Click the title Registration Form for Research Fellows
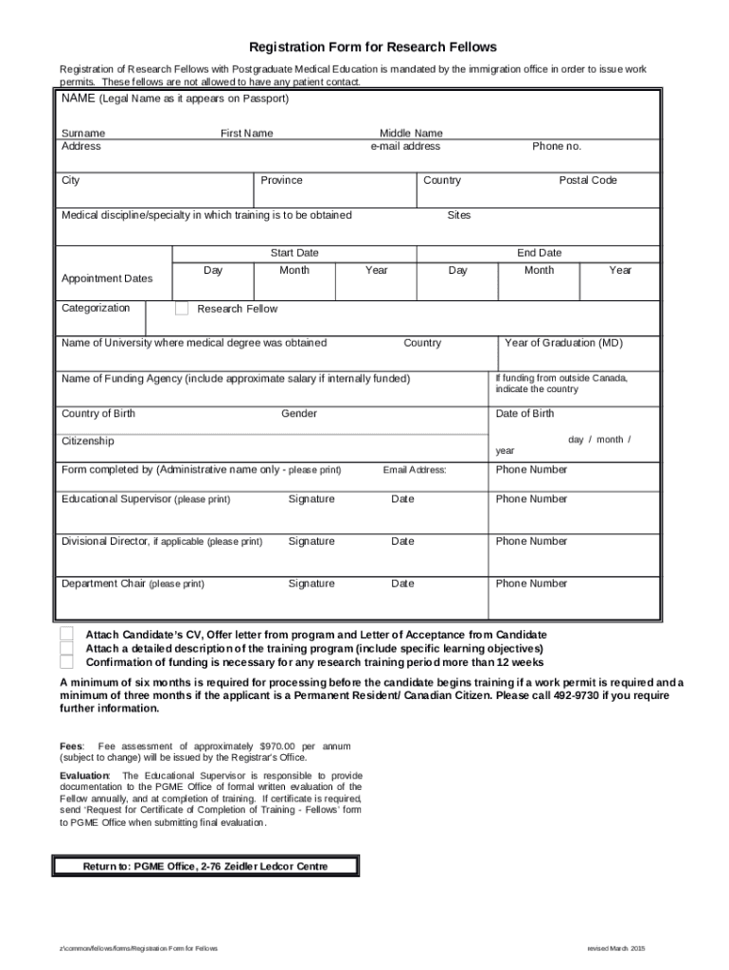point(372,46)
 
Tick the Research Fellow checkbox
point(182,309)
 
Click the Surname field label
point(83,134)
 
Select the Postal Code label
point(587,180)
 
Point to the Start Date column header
point(294,253)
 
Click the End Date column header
point(539,253)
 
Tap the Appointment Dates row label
point(106,278)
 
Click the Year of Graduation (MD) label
point(563,343)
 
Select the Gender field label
point(299,414)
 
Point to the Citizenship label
point(88,441)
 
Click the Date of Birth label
point(525,414)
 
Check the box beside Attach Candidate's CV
point(66,634)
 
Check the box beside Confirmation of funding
point(66,662)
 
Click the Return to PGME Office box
point(204,866)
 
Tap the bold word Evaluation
point(84,776)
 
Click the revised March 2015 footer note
point(615,948)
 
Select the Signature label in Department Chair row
point(311,584)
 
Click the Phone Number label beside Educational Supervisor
point(531,499)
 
